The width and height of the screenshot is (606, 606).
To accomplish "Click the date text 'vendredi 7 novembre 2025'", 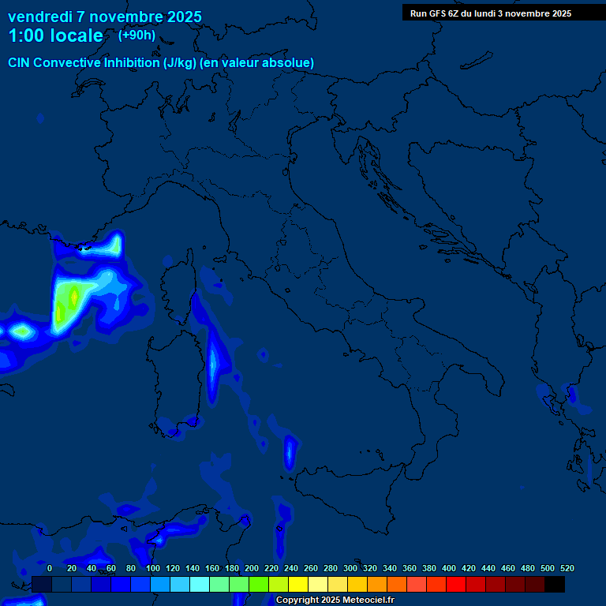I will pos(104,17).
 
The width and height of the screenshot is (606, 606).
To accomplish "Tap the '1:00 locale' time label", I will pos(55,36).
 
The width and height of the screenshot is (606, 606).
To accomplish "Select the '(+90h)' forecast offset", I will pos(137,36).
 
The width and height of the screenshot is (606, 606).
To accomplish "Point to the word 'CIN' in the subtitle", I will pos(20,62).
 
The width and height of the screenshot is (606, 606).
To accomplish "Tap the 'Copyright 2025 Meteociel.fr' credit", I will pos(335,600).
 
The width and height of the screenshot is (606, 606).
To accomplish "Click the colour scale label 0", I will pos(50,568).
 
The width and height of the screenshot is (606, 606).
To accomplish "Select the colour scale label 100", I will pos(153,568).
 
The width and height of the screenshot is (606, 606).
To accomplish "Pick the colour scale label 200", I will pos(252,568).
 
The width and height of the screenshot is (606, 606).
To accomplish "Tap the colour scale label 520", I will pos(567,568).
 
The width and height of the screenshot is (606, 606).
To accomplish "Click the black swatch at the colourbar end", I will pos(555,584).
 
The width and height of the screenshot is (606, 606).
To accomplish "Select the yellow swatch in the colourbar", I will pos(298,584).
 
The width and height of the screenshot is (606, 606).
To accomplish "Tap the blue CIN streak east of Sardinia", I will pos(214,363).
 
